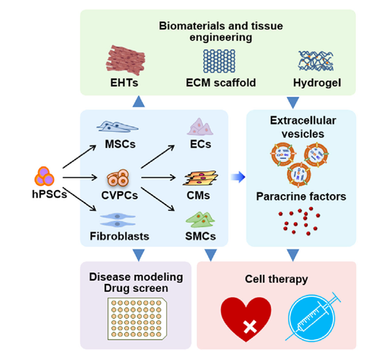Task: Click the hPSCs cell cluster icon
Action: pos(45,177)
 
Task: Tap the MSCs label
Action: pos(118,145)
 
